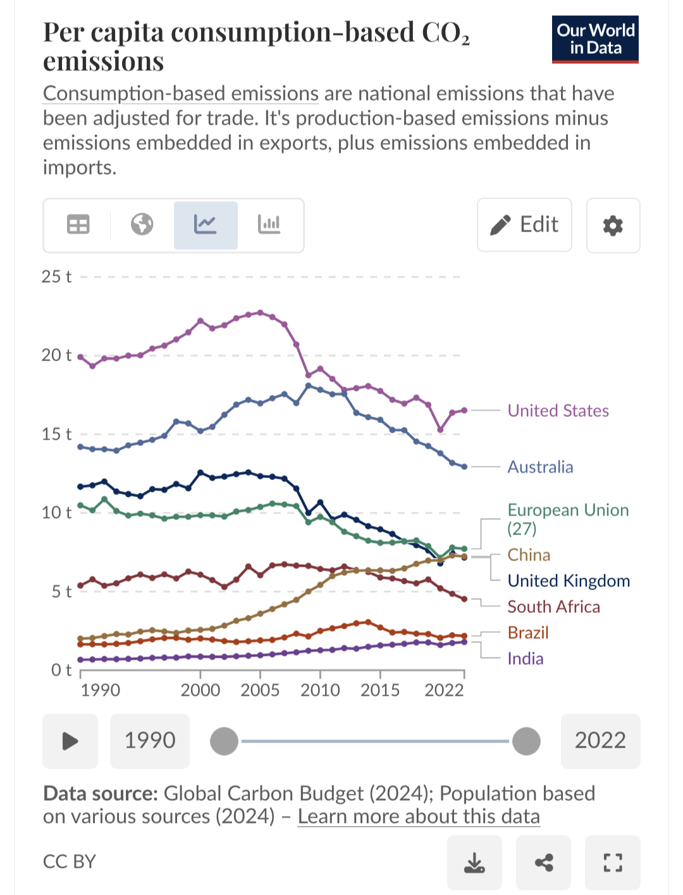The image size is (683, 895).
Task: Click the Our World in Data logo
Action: click(x=595, y=39)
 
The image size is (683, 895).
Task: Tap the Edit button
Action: click(x=524, y=225)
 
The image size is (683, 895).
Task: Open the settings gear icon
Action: click(x=613, y=225)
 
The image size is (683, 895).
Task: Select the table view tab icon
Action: click(x=78, y=225)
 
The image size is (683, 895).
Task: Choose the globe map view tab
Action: click(x=142, y=225)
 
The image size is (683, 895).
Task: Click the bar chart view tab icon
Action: click(x=269, y=225)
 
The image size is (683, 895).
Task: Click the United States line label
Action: click(x=558, y=410)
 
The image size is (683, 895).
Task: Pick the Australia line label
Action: click(x=540, y=467)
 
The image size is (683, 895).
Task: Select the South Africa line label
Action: click(x=553, y=607)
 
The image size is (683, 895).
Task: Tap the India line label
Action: click(x=525, y=658)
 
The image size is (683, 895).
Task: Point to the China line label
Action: click(x=529, y=555)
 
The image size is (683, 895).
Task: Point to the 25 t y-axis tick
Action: click(x=56, y=276)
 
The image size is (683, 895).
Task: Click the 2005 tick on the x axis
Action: click(x=260, y=689)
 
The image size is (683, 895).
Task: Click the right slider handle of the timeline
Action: click(x=526, y=741)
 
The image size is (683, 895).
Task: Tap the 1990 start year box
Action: click(x=150, y=741)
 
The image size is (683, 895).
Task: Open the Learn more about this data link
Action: click(x=419, y=817)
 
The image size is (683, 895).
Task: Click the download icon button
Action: click(x=474, y=862)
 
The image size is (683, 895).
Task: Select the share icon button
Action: click(x=543, y=862)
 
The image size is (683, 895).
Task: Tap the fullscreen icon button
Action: click(x=612, y=862)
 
